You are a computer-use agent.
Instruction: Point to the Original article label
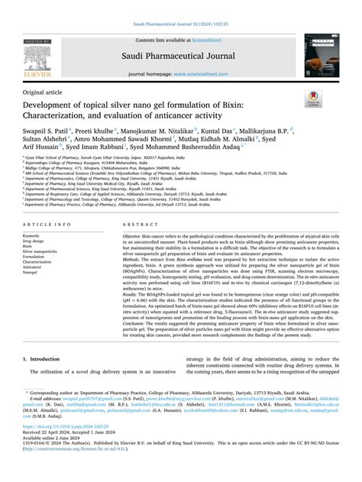(44, 91)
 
